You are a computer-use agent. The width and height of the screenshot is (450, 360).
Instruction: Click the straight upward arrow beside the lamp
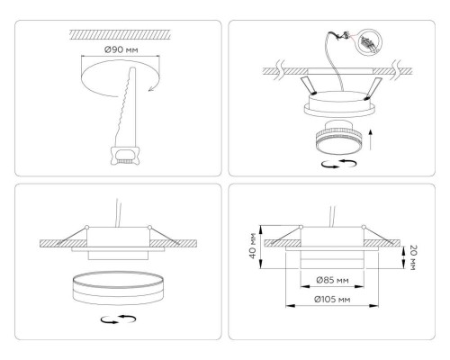[371, 140]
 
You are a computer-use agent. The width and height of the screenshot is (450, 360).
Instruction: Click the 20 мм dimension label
[412, 255]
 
